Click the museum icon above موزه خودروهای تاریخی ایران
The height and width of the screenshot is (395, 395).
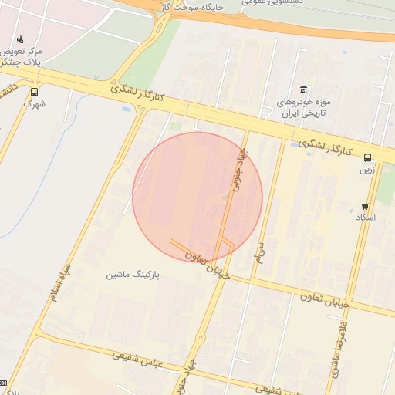pos(303,89)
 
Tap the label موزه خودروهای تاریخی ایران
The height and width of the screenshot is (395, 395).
pos(303,107)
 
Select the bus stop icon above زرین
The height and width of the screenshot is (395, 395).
pos(366,157)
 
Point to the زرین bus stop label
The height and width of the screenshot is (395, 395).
pos(366,170)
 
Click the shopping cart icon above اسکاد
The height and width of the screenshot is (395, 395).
pos(365,206)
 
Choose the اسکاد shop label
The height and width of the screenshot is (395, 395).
pos(365,218)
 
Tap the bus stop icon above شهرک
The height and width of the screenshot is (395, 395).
pos(33,92)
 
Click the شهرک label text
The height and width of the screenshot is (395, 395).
pos(34,103)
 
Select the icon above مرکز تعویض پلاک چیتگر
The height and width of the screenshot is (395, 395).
pos(20,39)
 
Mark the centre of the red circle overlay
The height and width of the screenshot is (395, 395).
pos(197,197)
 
